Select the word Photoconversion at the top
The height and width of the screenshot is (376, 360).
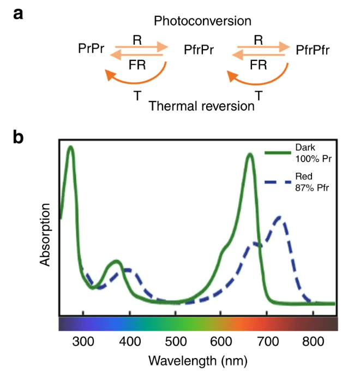tap(202, 21)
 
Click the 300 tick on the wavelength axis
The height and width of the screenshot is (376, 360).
tap(83, 342)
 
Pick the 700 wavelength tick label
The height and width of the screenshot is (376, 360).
tap(267, 342)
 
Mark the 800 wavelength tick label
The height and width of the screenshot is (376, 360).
tap(313, 342)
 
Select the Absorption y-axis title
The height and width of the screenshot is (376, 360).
tap(46, 235)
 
